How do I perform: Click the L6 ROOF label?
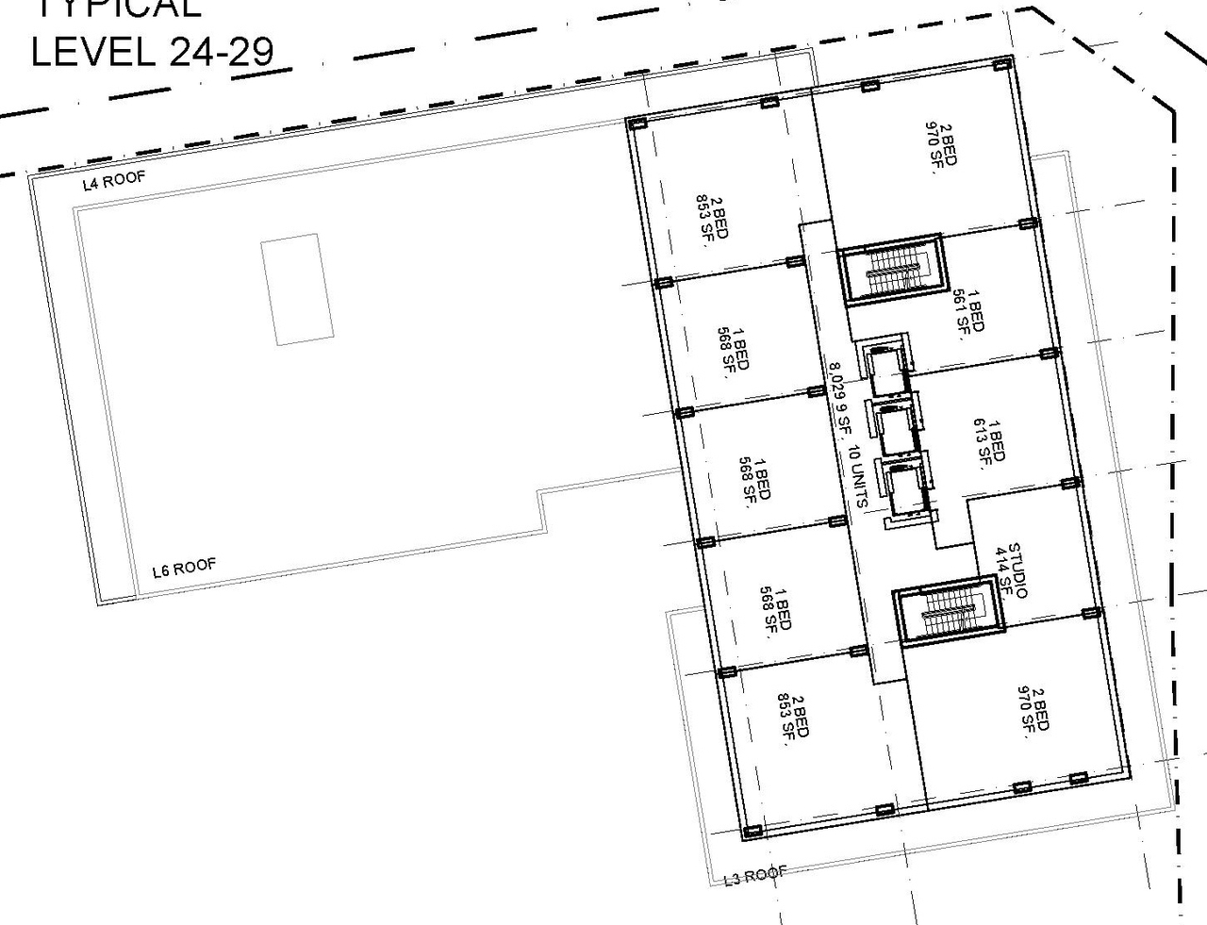pyautogui.click(x=184, y=568)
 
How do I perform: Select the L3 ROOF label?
pyautogui.click(x=754, y=875)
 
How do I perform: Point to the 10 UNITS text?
pyautogui.click(x=858, y=476)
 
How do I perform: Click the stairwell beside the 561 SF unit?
pyautogui.click(x=891, y=270)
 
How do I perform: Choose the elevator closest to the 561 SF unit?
pyautogui.click(x=884, y=371)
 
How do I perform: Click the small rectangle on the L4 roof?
pyautogui.click(x=297, y=289)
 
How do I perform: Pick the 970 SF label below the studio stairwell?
pyautogui.click(x=1033, y=708)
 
